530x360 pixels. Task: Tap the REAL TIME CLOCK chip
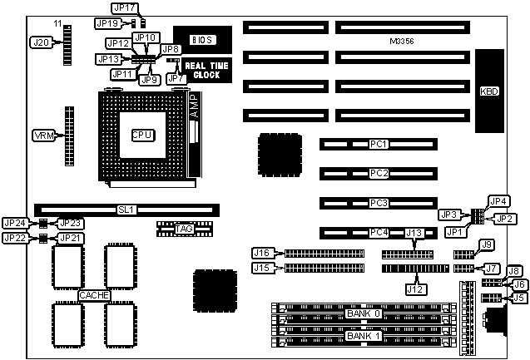[202, 70]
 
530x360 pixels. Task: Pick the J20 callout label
[40, 41]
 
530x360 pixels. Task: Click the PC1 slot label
[379, 145]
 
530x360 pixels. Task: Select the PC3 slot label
[379, 203]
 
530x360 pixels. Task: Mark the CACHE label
[92, 295]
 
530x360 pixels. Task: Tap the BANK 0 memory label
[364, 313]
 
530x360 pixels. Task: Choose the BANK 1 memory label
[364, 337]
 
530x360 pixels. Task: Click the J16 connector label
[262, 253]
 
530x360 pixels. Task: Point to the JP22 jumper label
[14, 239]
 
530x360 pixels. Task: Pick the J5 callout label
[518, 297]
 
